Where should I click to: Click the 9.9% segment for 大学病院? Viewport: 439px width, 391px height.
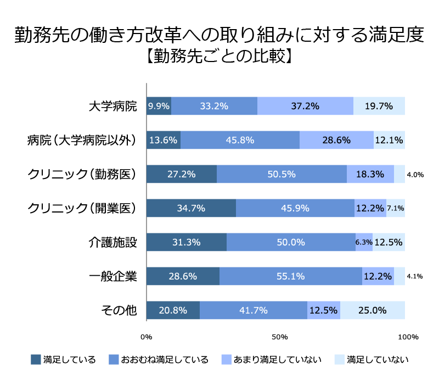[159, 106]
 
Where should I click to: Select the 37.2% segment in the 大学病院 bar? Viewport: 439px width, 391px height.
[305, 106]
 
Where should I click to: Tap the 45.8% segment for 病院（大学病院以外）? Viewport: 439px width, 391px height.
[240, 140]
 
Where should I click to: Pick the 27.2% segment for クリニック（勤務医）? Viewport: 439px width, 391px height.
[182, 174]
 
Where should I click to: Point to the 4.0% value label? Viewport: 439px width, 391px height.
[415, 175]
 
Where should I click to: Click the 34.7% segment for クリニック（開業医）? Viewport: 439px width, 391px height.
[191, 208]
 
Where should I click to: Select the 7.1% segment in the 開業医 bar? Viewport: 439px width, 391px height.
[396, 208]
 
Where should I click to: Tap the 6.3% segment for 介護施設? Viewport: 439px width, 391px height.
[364, 242]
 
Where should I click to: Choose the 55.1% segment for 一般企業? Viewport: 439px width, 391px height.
[290, 276]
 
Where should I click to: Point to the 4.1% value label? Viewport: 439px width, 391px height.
[415, 277]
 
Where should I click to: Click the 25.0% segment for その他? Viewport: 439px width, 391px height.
[373, 310]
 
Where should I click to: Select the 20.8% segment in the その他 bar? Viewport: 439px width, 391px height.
[173, 310]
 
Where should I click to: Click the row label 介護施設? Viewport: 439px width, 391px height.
[112, 242]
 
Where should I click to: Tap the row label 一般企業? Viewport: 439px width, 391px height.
[112, 276]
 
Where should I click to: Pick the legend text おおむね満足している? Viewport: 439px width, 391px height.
[165, 360]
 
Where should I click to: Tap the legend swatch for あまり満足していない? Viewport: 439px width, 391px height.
[226, 360]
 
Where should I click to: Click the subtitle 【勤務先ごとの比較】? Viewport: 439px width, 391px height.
[219, 56]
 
